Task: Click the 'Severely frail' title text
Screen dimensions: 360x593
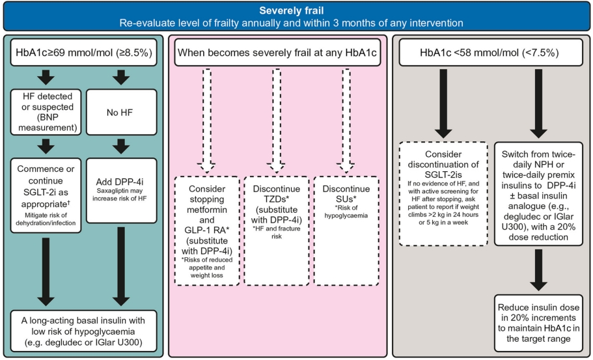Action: click(x=296, y=10)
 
